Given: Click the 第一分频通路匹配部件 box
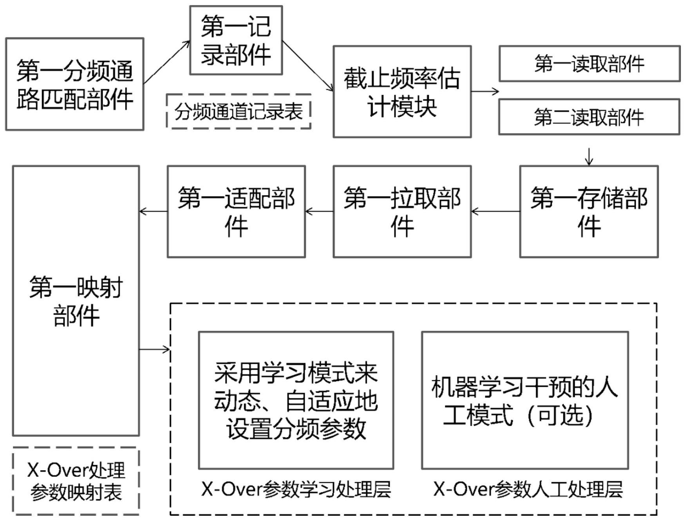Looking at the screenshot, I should click(x=74, y=84).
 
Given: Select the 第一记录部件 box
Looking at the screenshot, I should click(x=236, y=40).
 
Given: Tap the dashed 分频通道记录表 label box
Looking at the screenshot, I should click(x=238, y=112).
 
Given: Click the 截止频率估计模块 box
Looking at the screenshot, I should click(x=402, y=92).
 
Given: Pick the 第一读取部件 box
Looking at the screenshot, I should click(x=589, y=63).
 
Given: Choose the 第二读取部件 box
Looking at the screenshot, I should click(x=589, y=117).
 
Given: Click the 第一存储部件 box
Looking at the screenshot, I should click(x=589, y=211).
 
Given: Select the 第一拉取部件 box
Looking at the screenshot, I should click(x=402, y=211).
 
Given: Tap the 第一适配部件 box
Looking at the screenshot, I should click(x=236, y=211).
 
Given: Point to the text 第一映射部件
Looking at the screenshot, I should click(x=76, y=301).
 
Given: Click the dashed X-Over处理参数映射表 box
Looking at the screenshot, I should click(x=76, y=481).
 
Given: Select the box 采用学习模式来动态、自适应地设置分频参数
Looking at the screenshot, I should click(x=296, y=400).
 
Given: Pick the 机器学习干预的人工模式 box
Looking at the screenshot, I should click(x=524, y=400).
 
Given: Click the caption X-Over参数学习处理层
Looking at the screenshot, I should click(x=296, y=489).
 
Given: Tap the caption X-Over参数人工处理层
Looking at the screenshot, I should click(x=528, y=489).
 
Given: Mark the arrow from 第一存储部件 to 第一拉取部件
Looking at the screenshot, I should click(x=495, y=211).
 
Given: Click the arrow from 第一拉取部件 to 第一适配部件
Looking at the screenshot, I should click(x=319, y=211).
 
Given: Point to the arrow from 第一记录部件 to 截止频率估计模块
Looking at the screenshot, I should click(x=308, y=66).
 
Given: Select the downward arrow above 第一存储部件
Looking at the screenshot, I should click(x=589, y=156).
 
